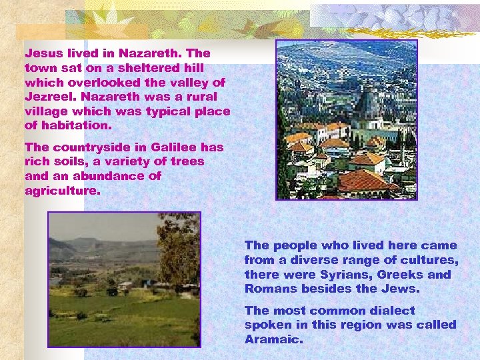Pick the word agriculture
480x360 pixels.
coord(61,191)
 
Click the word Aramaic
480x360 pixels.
coord(273,339)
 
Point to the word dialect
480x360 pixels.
coord(391,311)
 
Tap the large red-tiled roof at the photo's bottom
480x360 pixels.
coord(364,181)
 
